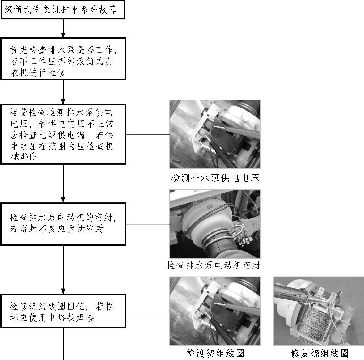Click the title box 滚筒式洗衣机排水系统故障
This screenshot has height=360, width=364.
click(63, 10)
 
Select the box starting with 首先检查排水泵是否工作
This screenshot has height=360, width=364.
click(63, 59)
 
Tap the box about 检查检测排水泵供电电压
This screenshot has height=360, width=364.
click(63, 134)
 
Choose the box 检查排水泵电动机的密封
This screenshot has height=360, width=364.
click(63, 224)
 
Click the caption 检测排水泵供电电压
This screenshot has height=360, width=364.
click(215, 178)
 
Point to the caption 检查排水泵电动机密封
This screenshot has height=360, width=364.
click(214, 265)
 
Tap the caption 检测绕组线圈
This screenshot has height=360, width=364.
click(215, 353)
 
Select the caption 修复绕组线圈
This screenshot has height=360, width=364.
click(320, 353)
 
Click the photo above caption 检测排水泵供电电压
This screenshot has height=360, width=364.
click(215, 134)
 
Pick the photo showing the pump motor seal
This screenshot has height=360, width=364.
click(215, 224)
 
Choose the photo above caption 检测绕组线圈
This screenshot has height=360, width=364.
click(215, 311)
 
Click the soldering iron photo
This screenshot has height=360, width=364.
click(319, 311)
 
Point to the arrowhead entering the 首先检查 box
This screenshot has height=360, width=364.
click(63, 35)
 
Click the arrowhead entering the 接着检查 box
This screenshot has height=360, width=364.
click(63, 101)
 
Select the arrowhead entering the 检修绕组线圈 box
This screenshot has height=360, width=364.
click(63, 291)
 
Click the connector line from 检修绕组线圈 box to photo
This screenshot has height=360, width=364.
click(148, 311)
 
